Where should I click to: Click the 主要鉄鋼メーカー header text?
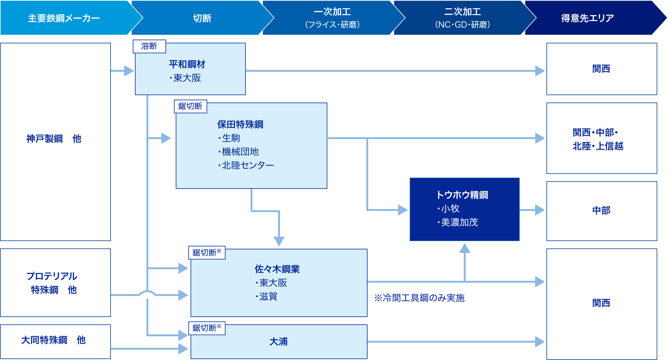tap(64, 18)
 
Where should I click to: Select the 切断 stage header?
tap(202, 18)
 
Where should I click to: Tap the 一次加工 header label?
tap(332, 12)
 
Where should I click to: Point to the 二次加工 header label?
tap(462, 12)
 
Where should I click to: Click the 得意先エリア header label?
tap(587, 18)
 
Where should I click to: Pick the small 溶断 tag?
tap(149, 46)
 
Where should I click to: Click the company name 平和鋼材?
tap(187, 64)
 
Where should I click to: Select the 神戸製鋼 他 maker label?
tap(54, 138)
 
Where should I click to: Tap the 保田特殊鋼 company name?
tap(240, 125)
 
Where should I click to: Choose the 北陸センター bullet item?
tap(248, 165)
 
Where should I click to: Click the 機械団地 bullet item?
tap(240, 152)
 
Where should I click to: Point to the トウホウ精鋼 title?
tap(462, 195)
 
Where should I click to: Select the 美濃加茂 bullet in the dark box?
tap(459, 222)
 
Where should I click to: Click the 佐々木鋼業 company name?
tap(277, 269)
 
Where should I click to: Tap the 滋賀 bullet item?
tap(268, 296)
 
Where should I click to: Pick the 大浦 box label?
tap(279, 342)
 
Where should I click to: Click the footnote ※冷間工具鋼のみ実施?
tap(419, 298)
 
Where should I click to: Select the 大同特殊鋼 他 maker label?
tap(53, 340)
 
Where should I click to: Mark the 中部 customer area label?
tap(601, 211)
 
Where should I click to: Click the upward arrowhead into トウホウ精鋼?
tap(465, 248)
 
